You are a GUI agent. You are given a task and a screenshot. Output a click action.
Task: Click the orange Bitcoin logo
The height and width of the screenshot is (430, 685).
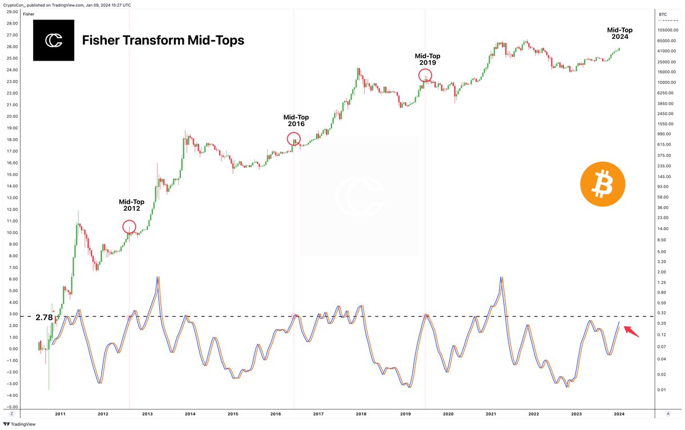tap(602, 184)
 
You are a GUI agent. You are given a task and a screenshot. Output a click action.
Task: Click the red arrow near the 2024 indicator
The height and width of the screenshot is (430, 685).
tap(631, 331)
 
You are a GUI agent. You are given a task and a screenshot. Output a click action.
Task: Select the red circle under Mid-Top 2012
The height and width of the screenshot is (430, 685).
tap(130, 227)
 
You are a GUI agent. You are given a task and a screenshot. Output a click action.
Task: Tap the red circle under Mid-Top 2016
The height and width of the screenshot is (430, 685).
tap(293, 139)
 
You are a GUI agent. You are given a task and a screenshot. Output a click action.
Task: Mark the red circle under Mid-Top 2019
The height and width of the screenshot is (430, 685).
tap(425, 75)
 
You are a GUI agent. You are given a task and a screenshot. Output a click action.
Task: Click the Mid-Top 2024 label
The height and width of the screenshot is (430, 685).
tap(619, 34)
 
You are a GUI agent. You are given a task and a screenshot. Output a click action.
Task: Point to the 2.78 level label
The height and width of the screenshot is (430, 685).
tap(44, 317)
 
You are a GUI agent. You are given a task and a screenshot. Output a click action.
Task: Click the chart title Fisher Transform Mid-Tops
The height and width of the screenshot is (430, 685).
tap(163, 41)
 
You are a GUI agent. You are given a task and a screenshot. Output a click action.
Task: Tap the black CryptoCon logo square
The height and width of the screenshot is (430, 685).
tap(54, 41)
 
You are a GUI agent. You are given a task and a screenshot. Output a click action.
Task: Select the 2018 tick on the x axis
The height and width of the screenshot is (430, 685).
tap(361, 413)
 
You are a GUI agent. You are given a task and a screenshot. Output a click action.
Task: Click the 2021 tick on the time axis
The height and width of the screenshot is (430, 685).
tap(490, 413)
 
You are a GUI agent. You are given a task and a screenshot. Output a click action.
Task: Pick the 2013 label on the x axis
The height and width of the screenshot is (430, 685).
tap(147, 413)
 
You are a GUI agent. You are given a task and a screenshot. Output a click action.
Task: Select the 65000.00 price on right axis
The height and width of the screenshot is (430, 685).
tap(664, 41)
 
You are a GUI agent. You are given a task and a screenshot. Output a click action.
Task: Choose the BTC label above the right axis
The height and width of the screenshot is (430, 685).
tap(663, 13)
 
